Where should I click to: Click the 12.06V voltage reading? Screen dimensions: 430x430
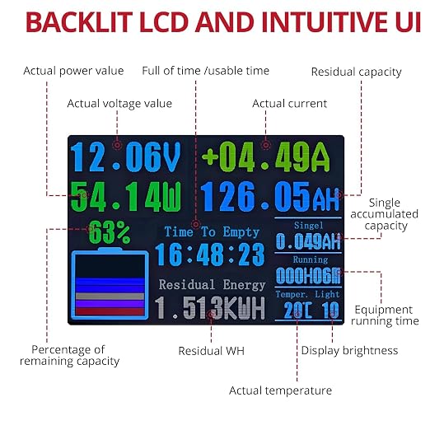tap(126, 157)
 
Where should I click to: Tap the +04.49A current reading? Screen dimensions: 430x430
tap(266, 157)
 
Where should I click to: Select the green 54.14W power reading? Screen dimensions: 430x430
tap(126, 197)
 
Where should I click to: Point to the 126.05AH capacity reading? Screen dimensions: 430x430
tap(270, 197)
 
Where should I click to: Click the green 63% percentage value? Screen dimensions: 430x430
tap(110, 232)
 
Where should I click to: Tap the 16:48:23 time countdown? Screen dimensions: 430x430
tap(210, 255)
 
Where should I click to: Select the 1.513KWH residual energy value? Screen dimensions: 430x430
tap(210, 308)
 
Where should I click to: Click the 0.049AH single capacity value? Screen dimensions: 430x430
tap(308, 241)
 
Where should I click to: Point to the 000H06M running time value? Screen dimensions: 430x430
tap(308, 275)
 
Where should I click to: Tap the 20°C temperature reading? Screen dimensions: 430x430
tap(297, 311)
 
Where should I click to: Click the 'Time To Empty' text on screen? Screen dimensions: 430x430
tap(212, 232)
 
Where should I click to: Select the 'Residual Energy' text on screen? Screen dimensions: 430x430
tap(213, 285)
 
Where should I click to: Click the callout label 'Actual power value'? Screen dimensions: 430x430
tap(73, 71)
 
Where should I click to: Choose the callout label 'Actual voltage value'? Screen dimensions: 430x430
tap(119, 104)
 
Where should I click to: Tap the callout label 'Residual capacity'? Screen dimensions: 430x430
tap(357, 72)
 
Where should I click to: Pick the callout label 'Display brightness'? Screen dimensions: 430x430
tap(349, 351)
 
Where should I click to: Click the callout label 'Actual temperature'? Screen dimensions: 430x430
tap(280, 390)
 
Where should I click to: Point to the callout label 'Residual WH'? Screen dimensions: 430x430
tap(211, 351)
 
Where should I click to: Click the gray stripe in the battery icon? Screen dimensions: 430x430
tap(110, 297)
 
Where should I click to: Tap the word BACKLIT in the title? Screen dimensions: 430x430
tap(79, 22)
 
